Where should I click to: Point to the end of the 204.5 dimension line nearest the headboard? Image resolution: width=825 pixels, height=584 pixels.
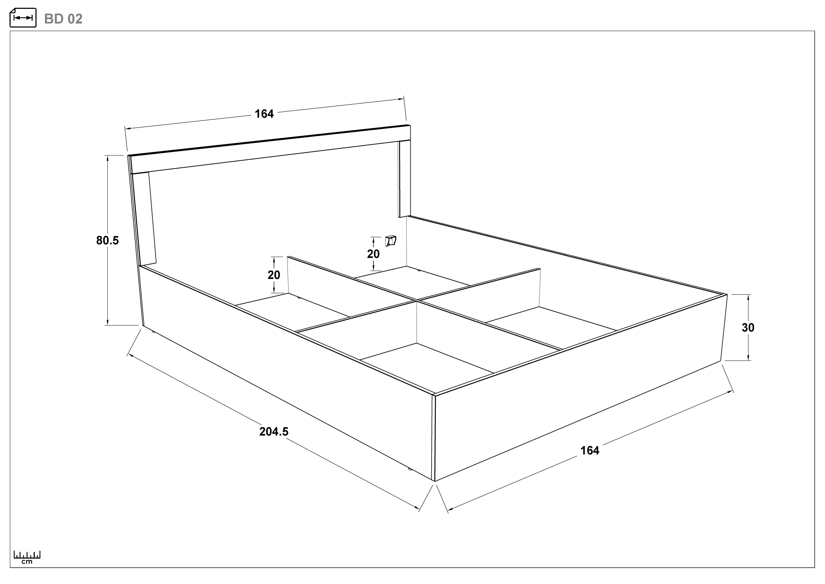(x=128, y=354)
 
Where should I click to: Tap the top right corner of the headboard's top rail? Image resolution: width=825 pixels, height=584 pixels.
(x=410, y=125)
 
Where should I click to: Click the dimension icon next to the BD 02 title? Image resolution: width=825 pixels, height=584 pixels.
(x=23, y=18)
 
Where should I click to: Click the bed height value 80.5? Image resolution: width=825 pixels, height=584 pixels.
(x=107, y=241)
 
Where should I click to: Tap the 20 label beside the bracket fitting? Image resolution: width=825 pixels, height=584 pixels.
(x=373, y=254)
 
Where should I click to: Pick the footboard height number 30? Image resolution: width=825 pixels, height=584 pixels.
(x=748, y=328)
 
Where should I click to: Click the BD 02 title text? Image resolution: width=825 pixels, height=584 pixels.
(x=63, y=19)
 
